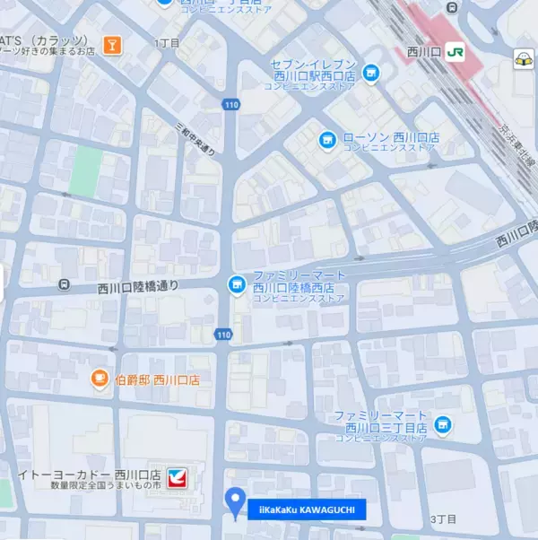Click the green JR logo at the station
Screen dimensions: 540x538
point(456,53)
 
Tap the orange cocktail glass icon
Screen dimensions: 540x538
point(112,44)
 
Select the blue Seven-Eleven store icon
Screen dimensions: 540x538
point(370,72)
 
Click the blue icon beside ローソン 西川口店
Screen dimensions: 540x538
point(328,139)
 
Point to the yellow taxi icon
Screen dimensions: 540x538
point(523,59)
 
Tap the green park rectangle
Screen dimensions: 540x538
point(86,171)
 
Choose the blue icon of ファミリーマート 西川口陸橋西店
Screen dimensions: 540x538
point(237,284)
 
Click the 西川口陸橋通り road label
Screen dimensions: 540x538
point(138,288)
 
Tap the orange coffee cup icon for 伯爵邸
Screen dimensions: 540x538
point(100,380)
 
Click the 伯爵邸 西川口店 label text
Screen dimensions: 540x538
point(158,380)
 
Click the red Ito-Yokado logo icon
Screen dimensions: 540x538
point(180,477)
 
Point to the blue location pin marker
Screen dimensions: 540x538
point(236,501)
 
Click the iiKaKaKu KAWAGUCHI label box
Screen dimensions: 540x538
point(307,510)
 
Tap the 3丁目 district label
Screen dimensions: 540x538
point(444,519)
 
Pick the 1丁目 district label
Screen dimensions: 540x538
point(167,42)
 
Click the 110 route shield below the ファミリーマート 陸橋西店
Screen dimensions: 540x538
point(223,335)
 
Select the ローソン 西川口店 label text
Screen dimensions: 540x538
point(391,137)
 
